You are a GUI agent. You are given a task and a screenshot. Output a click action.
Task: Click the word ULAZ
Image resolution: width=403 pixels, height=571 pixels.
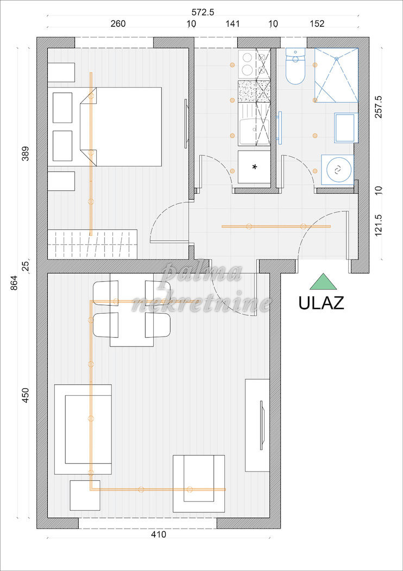point(321,302)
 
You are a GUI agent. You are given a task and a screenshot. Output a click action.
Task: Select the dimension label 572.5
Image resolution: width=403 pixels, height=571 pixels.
point(203,12)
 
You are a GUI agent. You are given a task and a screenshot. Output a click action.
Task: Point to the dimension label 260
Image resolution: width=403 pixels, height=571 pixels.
point(118,24)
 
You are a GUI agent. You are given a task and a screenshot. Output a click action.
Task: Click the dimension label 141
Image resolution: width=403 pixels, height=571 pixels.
point(232,24)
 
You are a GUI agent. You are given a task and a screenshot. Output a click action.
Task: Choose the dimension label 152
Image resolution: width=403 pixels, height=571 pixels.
point(317,24)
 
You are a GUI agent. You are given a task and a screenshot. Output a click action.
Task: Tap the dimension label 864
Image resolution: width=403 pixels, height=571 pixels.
point(14,283)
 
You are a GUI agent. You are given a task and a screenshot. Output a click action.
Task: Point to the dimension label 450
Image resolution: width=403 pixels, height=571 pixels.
point(24,395)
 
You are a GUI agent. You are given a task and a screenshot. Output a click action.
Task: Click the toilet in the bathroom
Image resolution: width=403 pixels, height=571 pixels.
point(295,66)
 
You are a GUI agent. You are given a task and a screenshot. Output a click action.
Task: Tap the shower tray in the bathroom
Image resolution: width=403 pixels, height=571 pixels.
point(336,76)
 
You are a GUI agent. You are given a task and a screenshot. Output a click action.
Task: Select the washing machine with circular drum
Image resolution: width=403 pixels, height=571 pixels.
point(337,169)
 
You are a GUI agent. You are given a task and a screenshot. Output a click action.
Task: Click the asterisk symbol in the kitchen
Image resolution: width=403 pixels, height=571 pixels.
point(255,167)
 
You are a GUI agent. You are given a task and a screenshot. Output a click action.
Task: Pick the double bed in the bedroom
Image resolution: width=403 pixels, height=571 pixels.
point(121,127)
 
